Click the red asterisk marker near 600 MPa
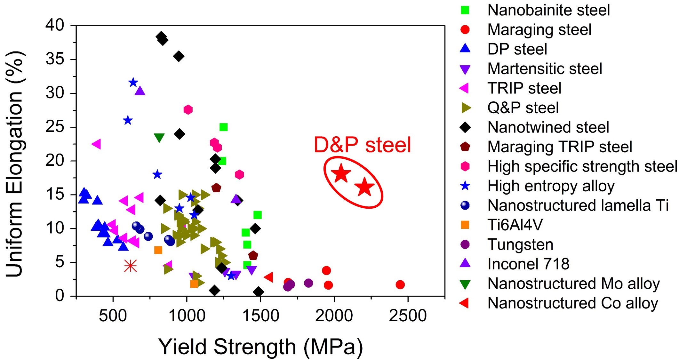tap(130, 266)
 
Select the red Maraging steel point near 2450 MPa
tap(400, 284)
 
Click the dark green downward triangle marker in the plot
tap(159, 138)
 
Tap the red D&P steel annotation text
tap(362, 145)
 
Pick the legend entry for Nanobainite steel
tap(548, 10)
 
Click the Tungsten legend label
tap(520, 245)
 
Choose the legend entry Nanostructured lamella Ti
tap(578, 205)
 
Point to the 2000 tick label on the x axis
tap(334, 316)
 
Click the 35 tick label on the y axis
tap(55, 60)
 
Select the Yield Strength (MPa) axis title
tap(260, 347)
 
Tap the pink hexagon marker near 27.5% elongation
tap(188, 110)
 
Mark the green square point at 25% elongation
tap(223, 127)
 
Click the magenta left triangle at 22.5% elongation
tap(96, 144)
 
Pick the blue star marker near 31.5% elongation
tap(133, 83)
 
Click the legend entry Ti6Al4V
tap(515, 225)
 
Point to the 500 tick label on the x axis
tap(113, 316)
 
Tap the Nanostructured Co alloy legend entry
tap(572, 303)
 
